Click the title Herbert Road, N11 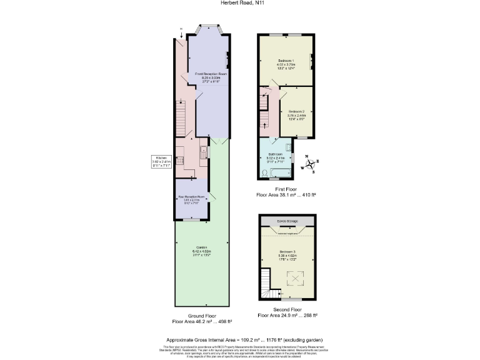239,4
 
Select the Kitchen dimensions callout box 161,161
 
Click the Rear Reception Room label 192,198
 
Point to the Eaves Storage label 287,221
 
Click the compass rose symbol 308,164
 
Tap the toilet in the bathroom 265,172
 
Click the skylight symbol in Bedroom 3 292,277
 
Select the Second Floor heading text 287,310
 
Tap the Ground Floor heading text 202,316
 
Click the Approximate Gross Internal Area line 239,340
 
